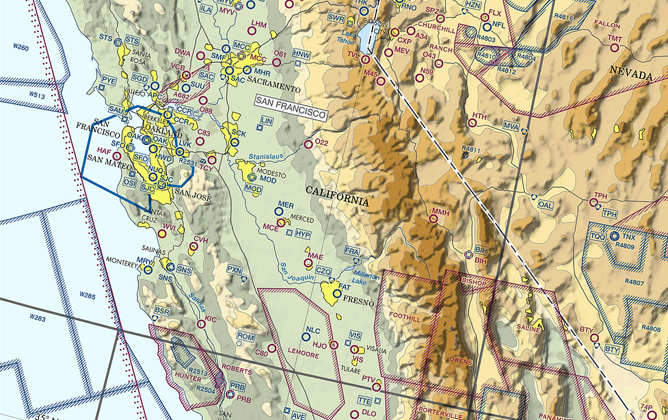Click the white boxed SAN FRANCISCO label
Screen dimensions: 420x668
[289, 107]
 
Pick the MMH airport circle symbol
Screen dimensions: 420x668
[433, 220]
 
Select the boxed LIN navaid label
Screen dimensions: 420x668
[267, 120]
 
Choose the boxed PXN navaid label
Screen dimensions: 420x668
[235, 270]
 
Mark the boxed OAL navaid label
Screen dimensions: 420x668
[546, 205]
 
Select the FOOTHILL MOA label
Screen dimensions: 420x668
[403, 316]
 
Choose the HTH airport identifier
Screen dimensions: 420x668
[480, 116]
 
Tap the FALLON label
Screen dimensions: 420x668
[606, 24]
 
